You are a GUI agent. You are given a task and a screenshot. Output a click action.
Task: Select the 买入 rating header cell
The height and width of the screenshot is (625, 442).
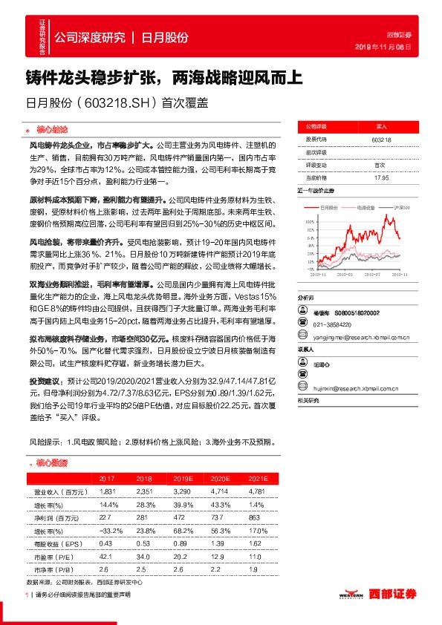tap(381, 126)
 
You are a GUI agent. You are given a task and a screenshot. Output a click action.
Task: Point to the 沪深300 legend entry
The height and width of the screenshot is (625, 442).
tap(402, 209)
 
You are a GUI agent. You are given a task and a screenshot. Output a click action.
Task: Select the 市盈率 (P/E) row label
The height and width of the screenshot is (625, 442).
tap(54, 555)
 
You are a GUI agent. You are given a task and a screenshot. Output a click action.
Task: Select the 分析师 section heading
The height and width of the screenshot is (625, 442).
tap(306, 295)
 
